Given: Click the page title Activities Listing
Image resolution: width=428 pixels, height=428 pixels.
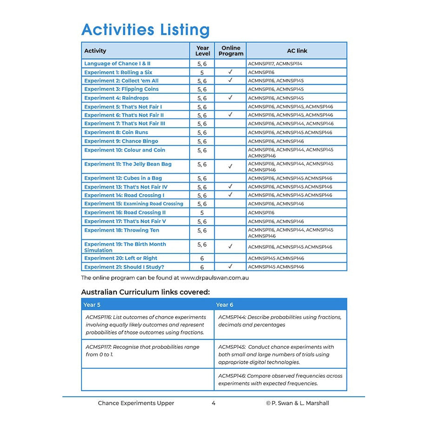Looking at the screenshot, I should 145,29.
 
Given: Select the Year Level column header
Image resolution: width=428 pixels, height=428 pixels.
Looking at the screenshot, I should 203,51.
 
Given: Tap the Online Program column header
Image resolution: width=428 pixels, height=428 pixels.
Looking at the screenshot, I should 231,51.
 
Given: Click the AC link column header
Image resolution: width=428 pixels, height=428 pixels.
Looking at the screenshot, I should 297,51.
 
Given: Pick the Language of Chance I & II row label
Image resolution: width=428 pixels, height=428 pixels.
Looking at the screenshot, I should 117,63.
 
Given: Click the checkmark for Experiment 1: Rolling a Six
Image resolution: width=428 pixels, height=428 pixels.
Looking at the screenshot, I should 230,72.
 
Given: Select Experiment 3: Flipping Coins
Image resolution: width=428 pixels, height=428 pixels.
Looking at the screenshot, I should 122,89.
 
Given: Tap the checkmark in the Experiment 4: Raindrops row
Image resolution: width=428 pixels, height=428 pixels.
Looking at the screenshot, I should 230,98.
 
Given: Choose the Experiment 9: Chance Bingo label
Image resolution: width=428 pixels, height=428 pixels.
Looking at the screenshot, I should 121,141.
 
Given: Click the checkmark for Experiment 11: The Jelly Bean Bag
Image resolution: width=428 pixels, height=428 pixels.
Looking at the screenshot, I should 230,166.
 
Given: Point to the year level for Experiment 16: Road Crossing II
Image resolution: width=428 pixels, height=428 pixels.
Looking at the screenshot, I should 202,213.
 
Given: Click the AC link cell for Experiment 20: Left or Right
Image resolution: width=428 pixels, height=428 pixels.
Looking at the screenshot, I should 276,258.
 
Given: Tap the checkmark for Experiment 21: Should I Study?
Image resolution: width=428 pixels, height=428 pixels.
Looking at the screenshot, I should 230,267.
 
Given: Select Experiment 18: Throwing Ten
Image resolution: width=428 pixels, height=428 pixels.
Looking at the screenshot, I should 122,230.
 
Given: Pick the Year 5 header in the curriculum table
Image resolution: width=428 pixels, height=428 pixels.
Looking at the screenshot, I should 92,305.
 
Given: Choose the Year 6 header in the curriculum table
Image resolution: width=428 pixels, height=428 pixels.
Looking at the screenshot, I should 224,305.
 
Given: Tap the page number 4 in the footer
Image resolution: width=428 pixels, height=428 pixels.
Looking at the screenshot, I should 213,403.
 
